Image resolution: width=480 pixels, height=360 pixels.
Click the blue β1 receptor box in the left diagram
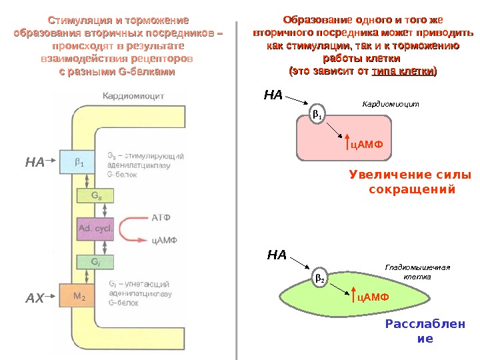point(78,162)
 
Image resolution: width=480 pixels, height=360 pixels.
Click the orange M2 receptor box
point(78,294)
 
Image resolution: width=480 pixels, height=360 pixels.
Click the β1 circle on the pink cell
point(317,116)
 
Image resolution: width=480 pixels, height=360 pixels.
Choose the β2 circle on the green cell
point(320,277)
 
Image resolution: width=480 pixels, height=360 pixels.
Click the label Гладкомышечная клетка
point(418,271)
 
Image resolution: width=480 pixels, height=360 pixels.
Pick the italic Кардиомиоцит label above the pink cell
point(390,104)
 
